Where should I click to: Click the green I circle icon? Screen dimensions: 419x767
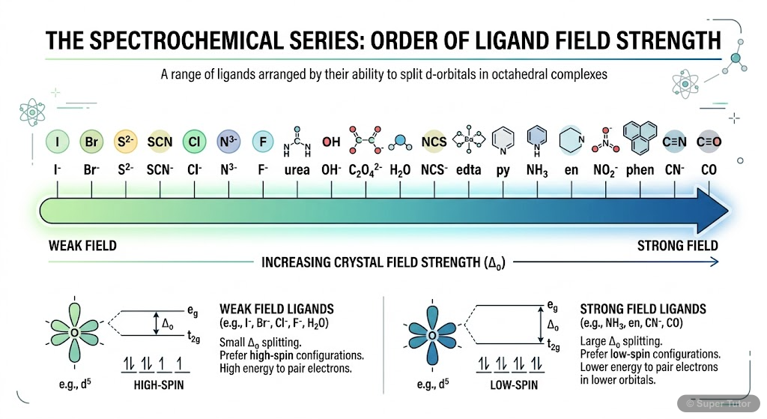[56, 141]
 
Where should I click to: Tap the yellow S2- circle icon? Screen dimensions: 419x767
[125, 141]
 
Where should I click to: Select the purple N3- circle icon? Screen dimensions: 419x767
[228, 141]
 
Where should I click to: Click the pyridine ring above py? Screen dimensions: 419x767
[503, 140]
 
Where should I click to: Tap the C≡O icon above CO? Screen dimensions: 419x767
[706, 141]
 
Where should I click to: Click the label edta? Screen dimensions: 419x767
[470, 170]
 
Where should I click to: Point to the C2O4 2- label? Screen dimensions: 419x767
[365, 171]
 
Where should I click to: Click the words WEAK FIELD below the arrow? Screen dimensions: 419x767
[82, 245]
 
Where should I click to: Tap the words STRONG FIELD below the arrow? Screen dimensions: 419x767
[677, 245]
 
